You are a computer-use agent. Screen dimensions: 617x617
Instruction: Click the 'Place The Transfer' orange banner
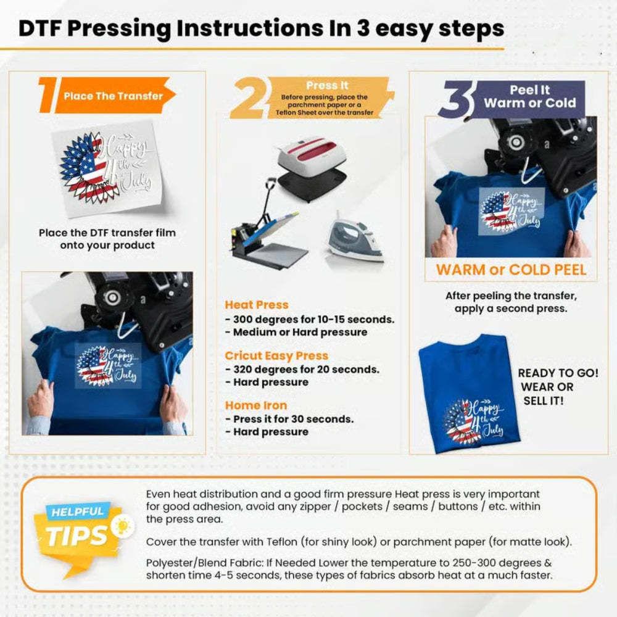pos(114,96)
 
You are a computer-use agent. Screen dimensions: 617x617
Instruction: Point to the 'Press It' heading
pos(327,86)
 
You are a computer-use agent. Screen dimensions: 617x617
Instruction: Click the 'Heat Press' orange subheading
pos(256,305)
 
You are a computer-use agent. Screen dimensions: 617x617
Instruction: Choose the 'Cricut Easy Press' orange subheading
pos(276,356)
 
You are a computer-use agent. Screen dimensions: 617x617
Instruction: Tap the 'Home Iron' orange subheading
pos(255,405)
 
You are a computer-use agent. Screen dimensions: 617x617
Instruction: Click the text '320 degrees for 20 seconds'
pos(306,370)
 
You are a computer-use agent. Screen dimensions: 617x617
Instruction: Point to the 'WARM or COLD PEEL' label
pos(511,270)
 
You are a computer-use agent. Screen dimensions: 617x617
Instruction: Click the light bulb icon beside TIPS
pos(123,526)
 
